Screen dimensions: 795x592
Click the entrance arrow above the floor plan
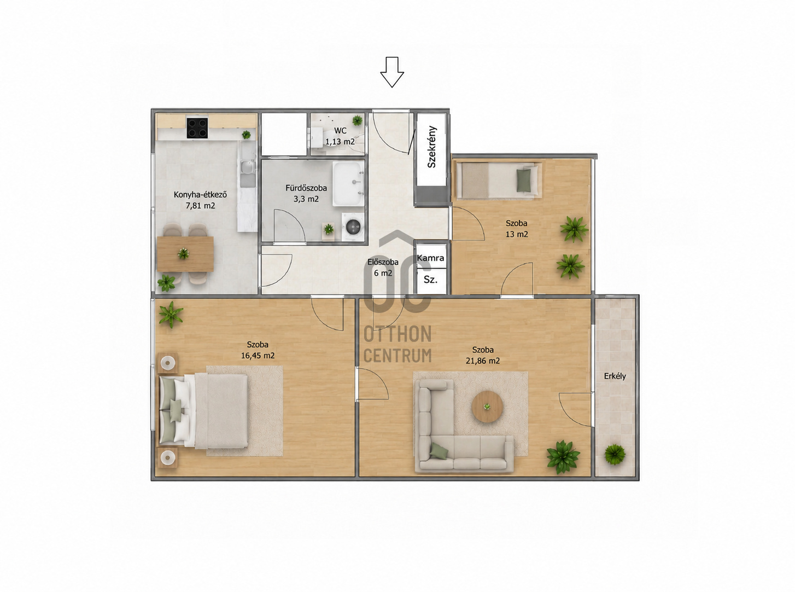point(392,72)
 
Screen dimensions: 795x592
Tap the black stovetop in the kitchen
point(197,128)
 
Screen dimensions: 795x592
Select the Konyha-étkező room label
point(200,195)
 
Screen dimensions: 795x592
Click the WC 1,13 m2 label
point(340,136)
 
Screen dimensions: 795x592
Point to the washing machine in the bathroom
point(353,227)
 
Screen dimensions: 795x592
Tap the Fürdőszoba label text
point(306,188)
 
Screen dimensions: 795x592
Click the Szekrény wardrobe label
point(432,147)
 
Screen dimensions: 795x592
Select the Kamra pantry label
point(430,258)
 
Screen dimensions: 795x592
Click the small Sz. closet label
point(430,280)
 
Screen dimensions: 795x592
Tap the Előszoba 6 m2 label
point(383,268)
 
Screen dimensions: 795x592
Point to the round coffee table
point(487,407)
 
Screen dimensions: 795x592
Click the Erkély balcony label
point(615,376)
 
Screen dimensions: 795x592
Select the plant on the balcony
point(615,455)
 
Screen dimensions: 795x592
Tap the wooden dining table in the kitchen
point(185,254)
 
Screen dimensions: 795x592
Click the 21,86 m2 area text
point(482,361)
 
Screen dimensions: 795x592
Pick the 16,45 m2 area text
point(258,356)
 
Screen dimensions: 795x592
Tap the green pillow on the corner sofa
point(439,451)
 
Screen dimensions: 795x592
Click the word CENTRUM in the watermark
point(398,356)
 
